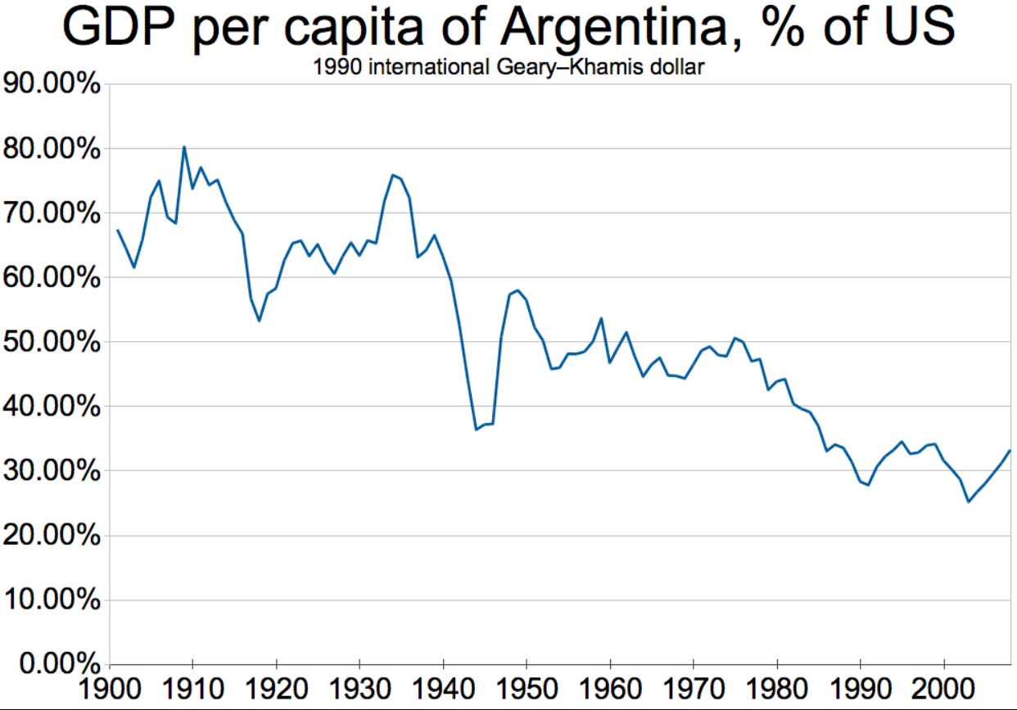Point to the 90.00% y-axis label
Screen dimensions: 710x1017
pyautogui.click(x=51, y=85)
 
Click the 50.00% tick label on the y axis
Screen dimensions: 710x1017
pyautogui.click(x=51, y=342)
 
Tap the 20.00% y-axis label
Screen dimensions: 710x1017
pyautogui.click(x=51, y=536)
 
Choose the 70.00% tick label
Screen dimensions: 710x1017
pyautogui.click(x=51, y=213)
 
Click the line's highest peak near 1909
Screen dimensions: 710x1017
pyautogui.click(x=183, y=146)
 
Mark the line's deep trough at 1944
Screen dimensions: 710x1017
pyautogui.click(x=476, y=429)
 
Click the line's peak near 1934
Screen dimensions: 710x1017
pyautogui.click(x=392, y=174)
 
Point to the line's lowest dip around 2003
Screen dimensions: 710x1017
pyautogui.click(x=969, y=501)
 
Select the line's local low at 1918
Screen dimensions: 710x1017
pyautogui.click(x=259, y=321)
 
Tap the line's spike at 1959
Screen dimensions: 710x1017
pyautogui.click(x=601, y=318)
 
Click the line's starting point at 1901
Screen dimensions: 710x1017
pyautogui.click(x=117, y=230)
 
